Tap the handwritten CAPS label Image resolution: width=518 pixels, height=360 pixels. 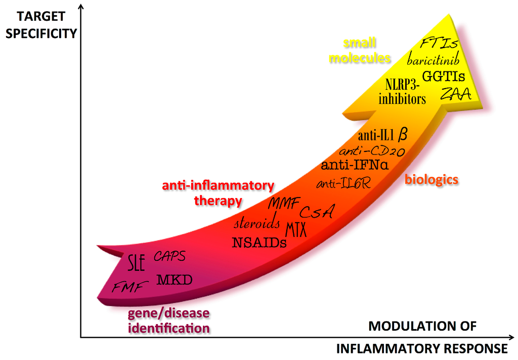click(x=169, y=256)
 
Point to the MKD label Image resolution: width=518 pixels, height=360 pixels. click(x=174, y=279)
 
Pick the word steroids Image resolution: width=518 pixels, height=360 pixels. click(x=257, y=223)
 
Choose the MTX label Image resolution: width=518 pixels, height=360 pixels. click(x=296, y=230)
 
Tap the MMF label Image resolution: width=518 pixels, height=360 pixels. click(x=284, y=204)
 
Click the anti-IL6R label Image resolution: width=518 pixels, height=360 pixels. click(x=343, y=183)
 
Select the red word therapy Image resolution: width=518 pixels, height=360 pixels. click(x=218, y=201)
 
